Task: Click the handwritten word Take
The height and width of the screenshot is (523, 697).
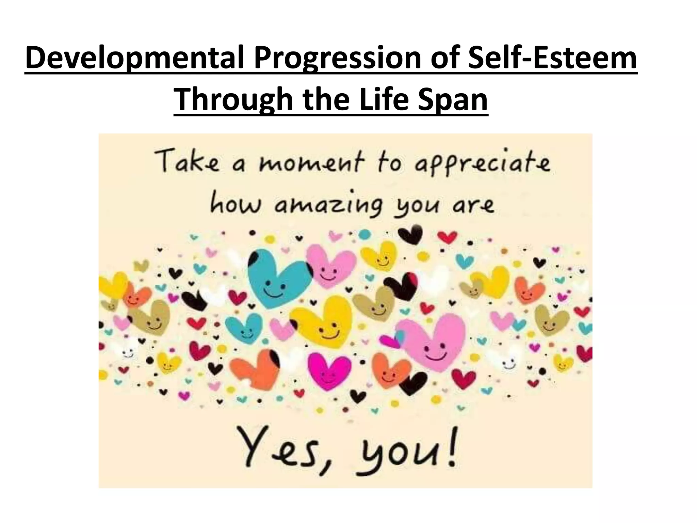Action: click(185, 163)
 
